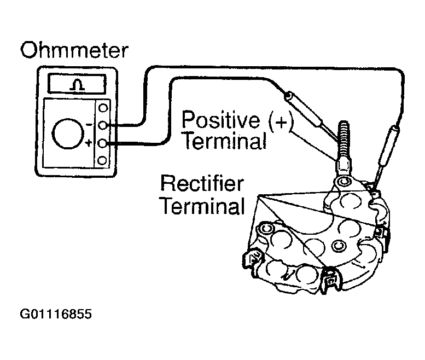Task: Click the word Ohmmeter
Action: (74, 50)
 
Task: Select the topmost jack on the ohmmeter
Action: (103, 108)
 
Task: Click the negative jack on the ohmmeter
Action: (103, 125)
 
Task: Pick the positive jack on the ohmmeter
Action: (102, 143)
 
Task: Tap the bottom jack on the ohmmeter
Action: (102, 160)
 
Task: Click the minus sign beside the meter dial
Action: (89, 125)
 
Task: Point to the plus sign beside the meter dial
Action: (88, 143)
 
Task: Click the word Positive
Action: (220, 120)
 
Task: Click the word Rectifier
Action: (202, 183)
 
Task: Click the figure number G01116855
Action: (56, 314)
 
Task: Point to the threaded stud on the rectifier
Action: (344, 141)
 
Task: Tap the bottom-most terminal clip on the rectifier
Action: (330, 281)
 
